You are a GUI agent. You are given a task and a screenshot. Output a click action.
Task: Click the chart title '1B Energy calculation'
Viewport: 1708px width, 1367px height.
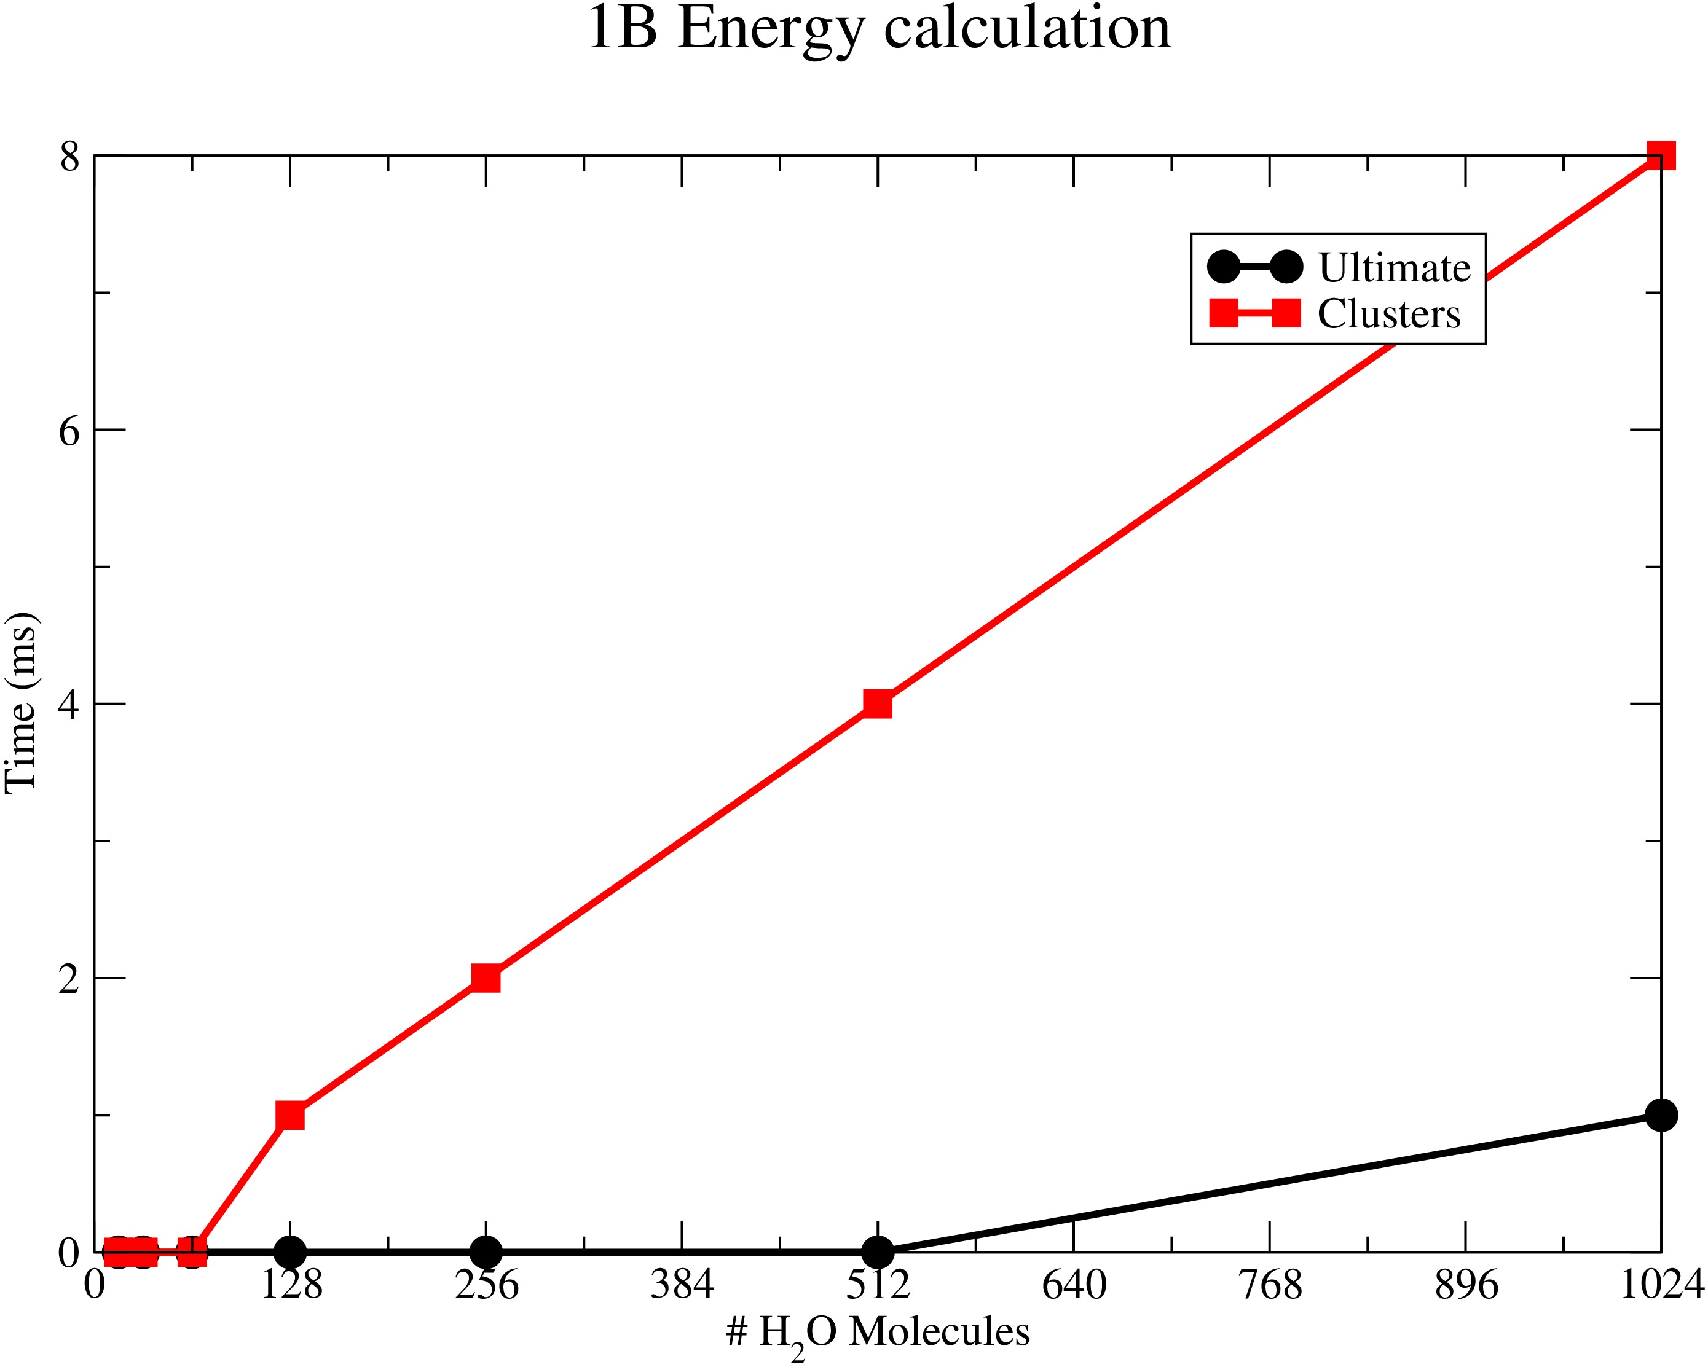click(x=878, y=30)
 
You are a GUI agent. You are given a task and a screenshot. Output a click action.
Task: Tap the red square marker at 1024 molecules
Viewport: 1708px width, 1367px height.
click(x=1661, y=156)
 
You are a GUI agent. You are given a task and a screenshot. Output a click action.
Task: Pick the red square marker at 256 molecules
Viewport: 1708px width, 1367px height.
click(x=486, y=978)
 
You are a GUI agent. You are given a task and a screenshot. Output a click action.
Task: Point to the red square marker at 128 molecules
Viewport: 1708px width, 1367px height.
click(x=290, y=1115)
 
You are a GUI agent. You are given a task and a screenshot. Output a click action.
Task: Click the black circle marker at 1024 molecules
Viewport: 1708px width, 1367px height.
click(x=1661, y=1115)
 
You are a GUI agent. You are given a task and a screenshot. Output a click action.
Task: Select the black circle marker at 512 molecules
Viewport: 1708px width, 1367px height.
click(x=878, y=1252)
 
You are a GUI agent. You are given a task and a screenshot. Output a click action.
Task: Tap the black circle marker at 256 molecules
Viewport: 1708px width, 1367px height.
click(x=486, y=1252)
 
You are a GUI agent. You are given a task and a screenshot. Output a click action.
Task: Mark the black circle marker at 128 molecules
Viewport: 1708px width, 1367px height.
click(x=290, y=1252)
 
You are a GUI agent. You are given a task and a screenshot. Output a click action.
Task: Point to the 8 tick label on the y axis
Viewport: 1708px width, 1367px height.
click(x=69, y=157)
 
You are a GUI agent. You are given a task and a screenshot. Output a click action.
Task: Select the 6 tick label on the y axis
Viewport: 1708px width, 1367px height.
click(x=69, y=431)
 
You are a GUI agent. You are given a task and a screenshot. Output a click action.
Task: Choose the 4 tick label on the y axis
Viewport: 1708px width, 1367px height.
click(x=69, y=705)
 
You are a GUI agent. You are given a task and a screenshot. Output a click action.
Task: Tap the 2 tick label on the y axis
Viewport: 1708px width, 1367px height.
click(x=69, y=979)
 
